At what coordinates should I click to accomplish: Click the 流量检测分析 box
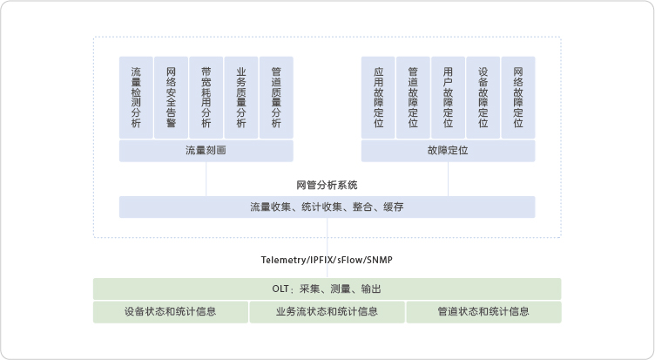136,98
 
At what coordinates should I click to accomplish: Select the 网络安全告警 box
171,98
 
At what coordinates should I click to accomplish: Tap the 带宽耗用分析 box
206,98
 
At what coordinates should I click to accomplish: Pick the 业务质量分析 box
241,98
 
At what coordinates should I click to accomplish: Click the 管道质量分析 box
276,98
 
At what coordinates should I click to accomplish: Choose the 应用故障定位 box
378,98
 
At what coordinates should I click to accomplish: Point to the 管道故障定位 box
413,98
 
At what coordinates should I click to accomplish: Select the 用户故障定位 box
448,98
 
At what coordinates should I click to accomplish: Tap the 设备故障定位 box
483,98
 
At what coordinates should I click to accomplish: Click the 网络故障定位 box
518,98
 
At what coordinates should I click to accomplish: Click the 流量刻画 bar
206,151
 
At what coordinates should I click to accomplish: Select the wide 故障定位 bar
448,151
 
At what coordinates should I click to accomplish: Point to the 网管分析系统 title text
327,185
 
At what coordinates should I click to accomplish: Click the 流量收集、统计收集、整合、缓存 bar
327,207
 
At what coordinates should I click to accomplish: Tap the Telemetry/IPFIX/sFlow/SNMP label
327,260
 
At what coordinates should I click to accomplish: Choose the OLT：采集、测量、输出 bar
327,289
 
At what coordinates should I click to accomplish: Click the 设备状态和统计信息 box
171,311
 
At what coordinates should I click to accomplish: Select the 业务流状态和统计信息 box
327,311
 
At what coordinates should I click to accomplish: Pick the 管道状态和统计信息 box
483,311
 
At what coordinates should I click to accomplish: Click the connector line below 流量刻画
206,179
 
